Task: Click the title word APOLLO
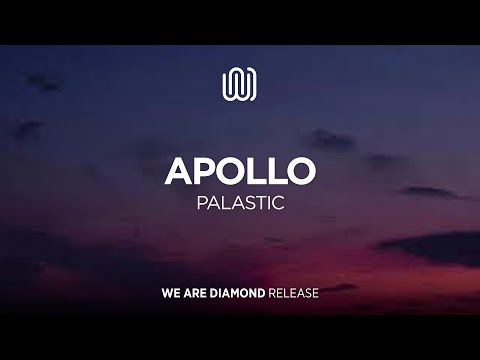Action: [240, 170]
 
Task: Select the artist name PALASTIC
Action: [240, 203]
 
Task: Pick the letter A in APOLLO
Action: [179, 170]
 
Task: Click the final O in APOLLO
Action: [300, 170]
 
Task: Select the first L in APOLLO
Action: [256, 170]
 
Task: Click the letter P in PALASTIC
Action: [200, 203]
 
